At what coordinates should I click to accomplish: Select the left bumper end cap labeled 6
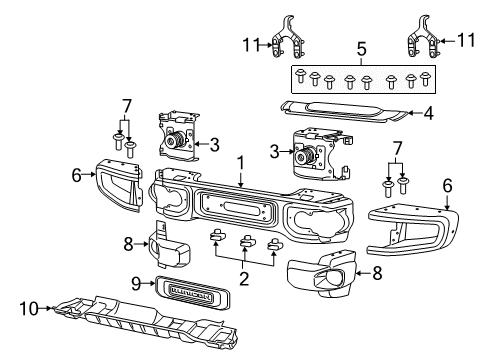(x=119, y=185)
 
